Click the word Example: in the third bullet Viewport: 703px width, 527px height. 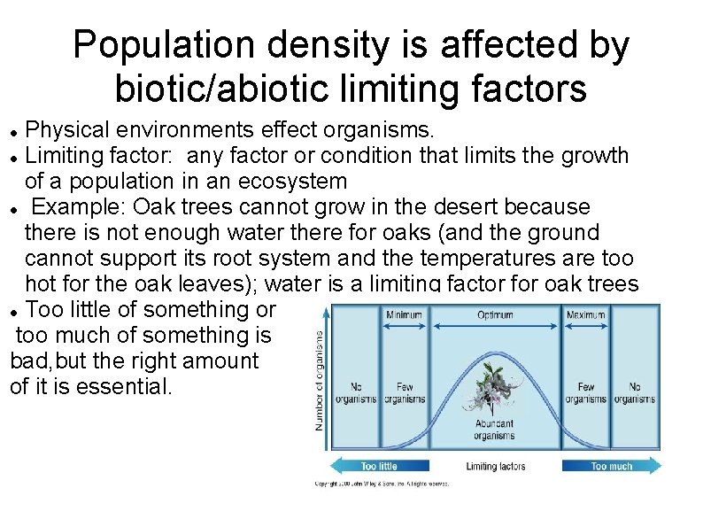(78, 207)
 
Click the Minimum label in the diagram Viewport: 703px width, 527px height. (403, 314)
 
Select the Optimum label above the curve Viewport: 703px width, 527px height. (495, 314)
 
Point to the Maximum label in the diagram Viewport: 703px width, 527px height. (585, 314)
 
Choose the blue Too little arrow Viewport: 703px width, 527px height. (378, 466)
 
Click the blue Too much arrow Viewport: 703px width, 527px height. (612, 466)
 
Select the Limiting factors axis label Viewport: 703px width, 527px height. (495, 466)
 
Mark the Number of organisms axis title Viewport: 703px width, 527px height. (320, 381)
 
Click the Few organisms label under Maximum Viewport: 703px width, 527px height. (585, 392)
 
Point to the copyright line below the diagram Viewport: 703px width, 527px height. (382, 484)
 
